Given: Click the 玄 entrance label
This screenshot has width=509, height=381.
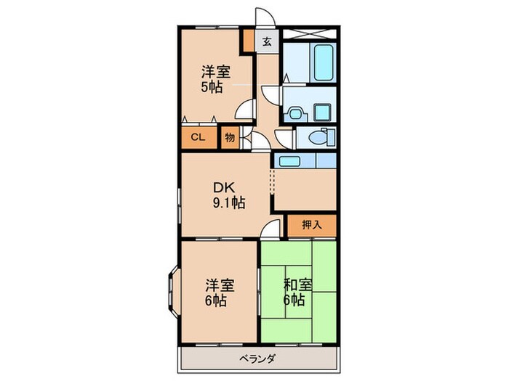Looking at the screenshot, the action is point(267,41).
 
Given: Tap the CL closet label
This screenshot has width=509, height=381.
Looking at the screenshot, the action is point(198,137).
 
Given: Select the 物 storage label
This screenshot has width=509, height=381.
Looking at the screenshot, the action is point(230,138).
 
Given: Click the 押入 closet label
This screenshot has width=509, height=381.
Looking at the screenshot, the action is point(312,225).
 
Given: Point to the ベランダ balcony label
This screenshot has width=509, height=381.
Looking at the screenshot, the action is point(257,359).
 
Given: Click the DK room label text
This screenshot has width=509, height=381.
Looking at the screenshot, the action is point(224,187).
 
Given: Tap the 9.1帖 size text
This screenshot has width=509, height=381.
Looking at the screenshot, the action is point(229,203).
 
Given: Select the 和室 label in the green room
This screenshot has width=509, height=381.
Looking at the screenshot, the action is point(298,284).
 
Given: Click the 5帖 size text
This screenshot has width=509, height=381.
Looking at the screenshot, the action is point(212,87).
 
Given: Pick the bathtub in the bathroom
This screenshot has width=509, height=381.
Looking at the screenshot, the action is point(324,63).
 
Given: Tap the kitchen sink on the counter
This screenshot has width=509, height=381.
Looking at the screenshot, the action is point(289,161).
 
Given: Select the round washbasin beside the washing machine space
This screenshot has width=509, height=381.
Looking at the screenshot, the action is point(294,114).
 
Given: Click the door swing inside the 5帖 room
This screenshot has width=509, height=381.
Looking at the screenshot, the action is point(245,109).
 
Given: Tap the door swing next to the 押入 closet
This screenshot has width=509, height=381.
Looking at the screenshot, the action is point(270,229).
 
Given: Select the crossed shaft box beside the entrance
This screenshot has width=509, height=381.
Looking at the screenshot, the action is point(309,33).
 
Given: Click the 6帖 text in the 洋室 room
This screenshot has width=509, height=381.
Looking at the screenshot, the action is point(215,301).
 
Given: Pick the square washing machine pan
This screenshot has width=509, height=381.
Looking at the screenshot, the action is point(322,112).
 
